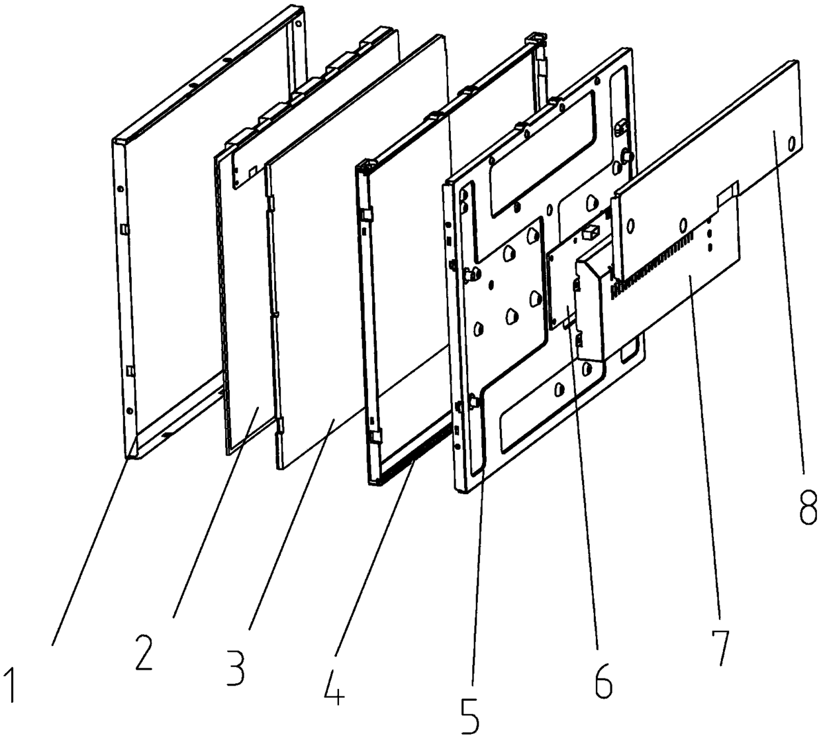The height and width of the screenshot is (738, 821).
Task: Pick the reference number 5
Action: (472, 712)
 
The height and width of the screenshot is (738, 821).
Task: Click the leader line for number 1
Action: (93, 543)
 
